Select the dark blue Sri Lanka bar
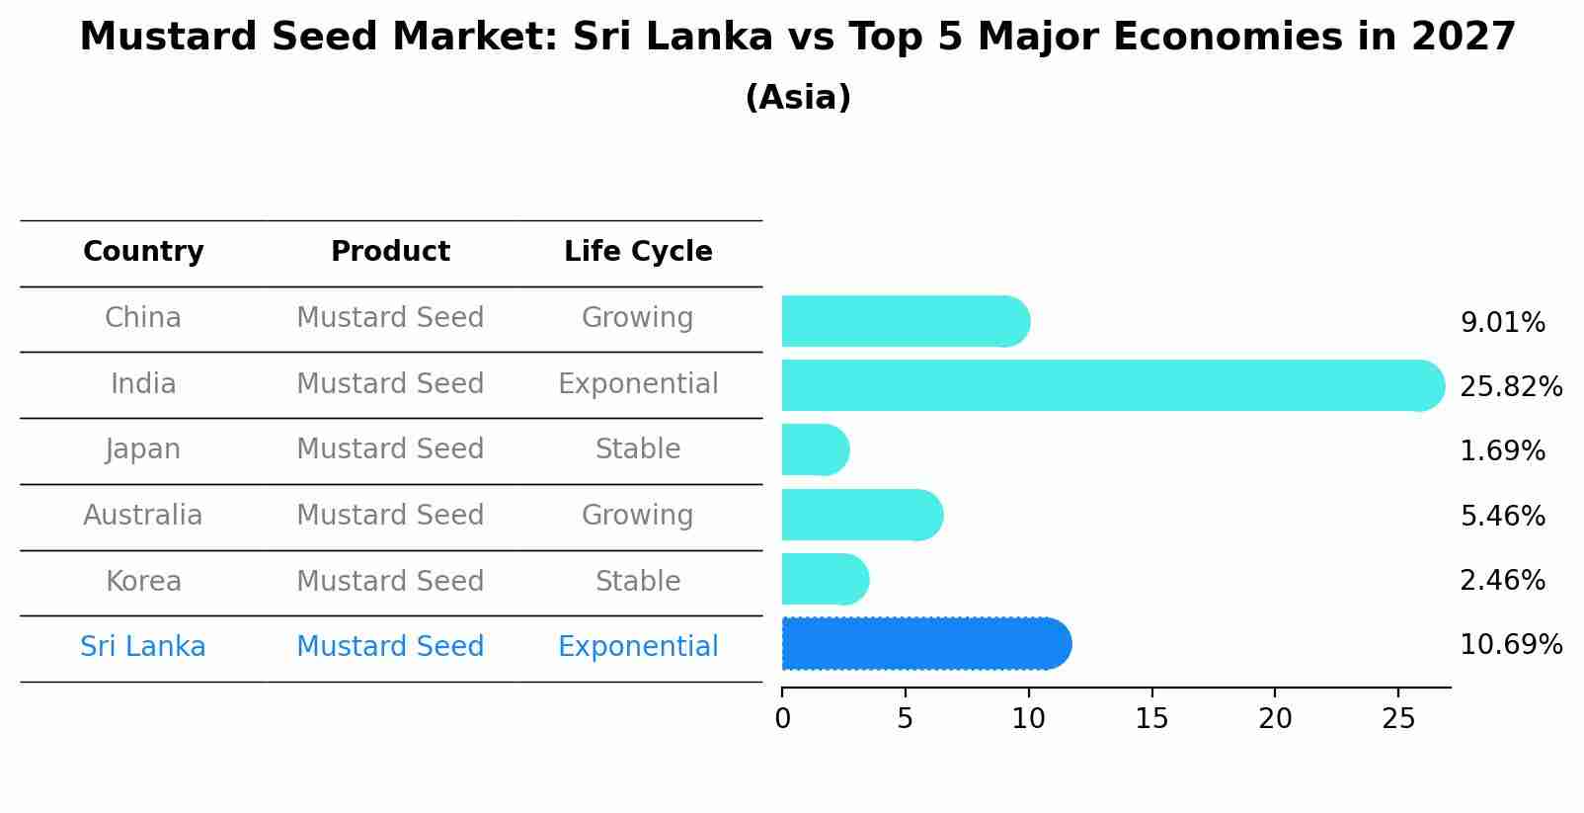coord(923,644)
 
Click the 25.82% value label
coord(1510,386)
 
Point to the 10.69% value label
coord(1510,645)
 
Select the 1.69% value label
coord(1502,451)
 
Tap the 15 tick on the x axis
coord(1151,718)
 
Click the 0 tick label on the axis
coord(782,718)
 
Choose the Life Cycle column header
coord(638,252)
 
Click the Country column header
coord(143,252)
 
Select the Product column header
coord(390,252)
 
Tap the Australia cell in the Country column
coord(142,516)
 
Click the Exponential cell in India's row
coord(638,384)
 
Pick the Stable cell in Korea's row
coord(638,582)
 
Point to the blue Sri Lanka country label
coord(142,647)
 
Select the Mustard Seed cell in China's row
coord(390,318)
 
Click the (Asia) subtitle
coord(798,98)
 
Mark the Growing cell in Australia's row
coord(638,516)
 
